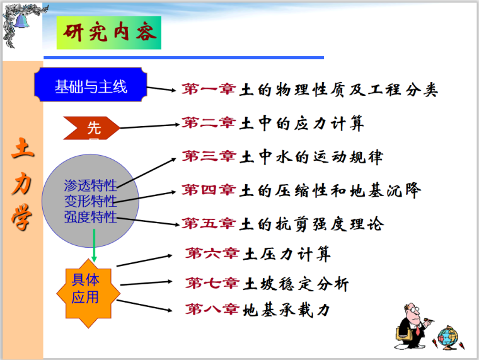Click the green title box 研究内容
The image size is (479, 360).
[x=108, y=33]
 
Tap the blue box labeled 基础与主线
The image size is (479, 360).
[x=91, y=86]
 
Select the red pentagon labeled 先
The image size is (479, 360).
[x=92, y=128]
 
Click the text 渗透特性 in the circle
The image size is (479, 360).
[x=90, y=185]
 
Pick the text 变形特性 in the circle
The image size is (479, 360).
[x=90, y=201]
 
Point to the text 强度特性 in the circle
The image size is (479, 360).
[x=90, y=218]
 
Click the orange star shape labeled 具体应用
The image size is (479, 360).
[x=86, y=288]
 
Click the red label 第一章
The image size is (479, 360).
[x=209, y=90]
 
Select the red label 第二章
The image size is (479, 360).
[x=209, y=123]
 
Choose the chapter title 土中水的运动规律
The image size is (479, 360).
[x=311, y=156]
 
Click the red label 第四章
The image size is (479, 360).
[x=209, y=190]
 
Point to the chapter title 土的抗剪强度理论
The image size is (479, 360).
[x=312, y=223]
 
